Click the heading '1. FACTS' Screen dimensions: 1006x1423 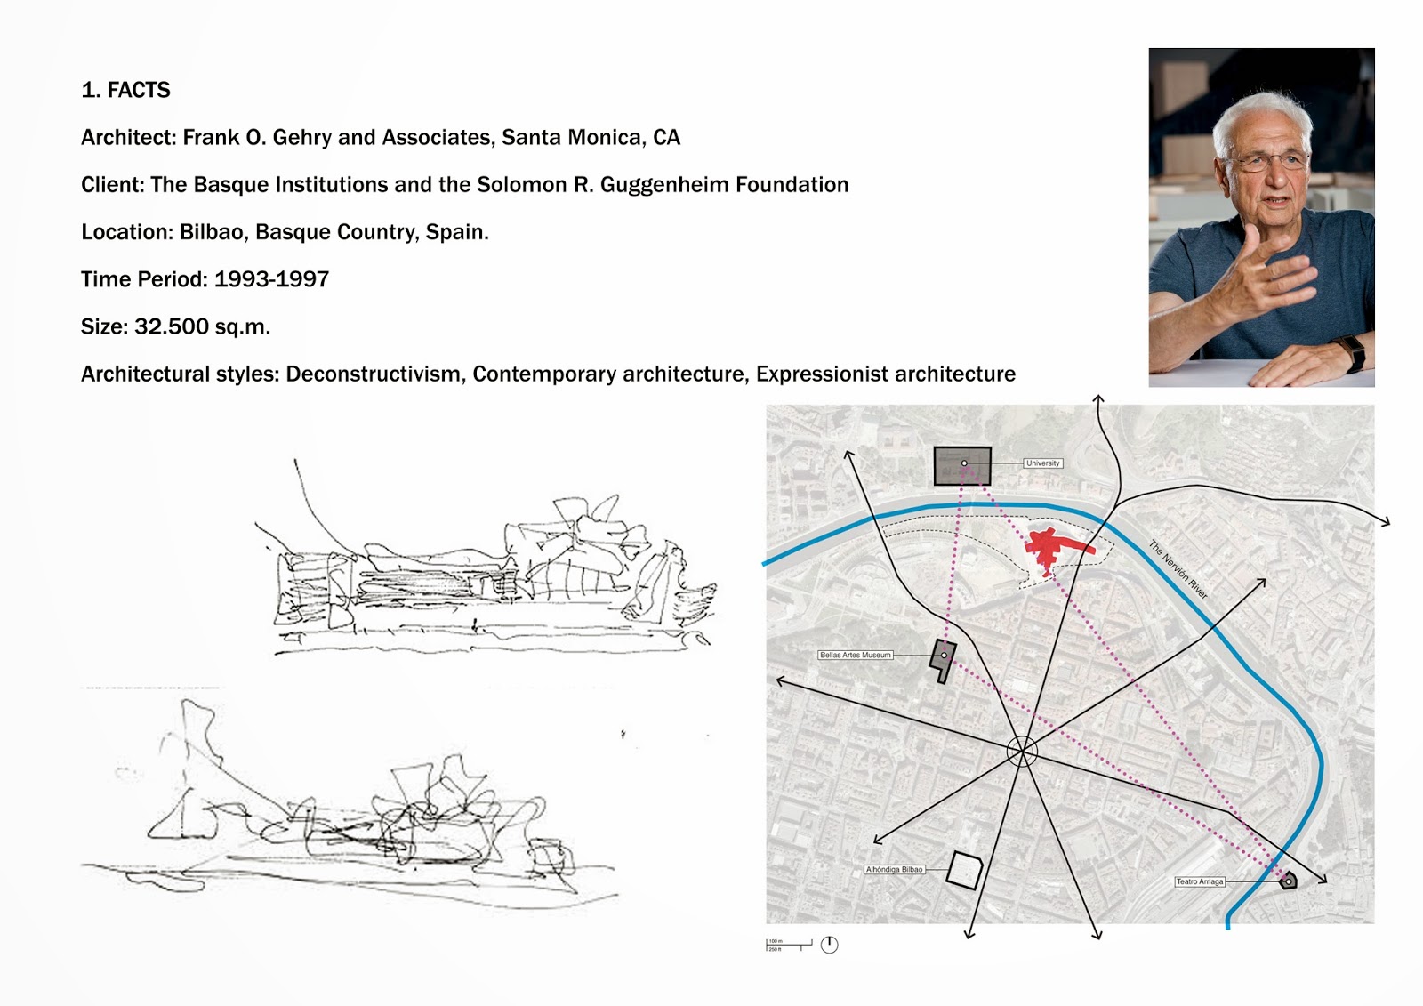[x=125, y=91]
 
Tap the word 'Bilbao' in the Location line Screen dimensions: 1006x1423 [x=211, y=232]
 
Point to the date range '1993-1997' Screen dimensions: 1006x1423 [x=271, y=279]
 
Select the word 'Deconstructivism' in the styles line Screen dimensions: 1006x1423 [x=373, y=374]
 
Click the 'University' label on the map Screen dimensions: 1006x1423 [x=1042, y=463]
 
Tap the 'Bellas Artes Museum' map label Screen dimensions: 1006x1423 [x=855, y=655]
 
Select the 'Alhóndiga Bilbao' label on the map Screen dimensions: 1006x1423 [x=894, y=869]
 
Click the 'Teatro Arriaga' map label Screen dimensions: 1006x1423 [x=1200, y=881]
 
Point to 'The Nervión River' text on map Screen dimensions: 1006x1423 [x=1178, y=569]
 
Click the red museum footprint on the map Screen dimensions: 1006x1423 [x=1049, y=548]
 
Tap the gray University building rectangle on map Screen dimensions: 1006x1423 [x=962, y=466]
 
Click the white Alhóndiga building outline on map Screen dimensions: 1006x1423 [x=963, y=870]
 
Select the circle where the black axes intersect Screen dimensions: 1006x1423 [x=1022, y=752]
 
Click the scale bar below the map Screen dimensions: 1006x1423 [x=789, y=945]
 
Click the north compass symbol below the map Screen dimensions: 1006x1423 [x=829, y=945]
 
